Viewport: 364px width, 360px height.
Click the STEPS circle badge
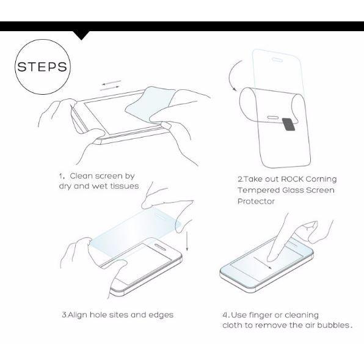click(x=42, y=67)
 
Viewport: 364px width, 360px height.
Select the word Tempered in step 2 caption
click(x=257, y=190)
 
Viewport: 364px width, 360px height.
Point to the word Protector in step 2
click(x=256, y=201)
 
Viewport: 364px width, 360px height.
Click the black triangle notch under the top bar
click(x=81, y=35)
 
